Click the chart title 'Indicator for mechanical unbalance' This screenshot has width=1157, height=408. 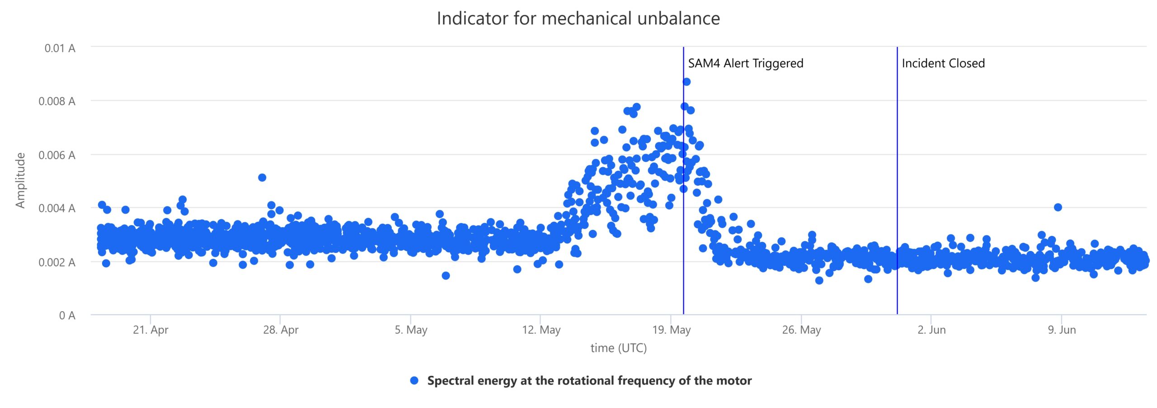point(578,19)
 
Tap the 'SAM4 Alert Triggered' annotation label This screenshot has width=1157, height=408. point(745,63)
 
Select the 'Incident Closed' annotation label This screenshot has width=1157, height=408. point(943,63)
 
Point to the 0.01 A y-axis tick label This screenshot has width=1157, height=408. point(60,48)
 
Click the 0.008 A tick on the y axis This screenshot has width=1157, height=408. point(56,101)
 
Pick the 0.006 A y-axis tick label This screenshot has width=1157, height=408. point(56,155)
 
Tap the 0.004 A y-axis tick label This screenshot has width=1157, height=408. point(56,208)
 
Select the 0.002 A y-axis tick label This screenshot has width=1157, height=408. point(56,263)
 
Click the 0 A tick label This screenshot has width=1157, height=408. point(67,315)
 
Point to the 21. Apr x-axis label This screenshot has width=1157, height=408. point(151,330)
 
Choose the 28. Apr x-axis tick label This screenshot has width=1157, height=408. point(281,330)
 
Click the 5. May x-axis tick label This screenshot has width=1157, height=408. point(411,330)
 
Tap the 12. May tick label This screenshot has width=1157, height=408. point(541,330)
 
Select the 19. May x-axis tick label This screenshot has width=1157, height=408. point(671,330)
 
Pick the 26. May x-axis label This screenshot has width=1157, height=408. point(801,330)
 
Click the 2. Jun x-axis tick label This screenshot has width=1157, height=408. point(931,330)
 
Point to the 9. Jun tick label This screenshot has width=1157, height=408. point(1062,330)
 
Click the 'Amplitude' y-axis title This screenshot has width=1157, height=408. point(20,180)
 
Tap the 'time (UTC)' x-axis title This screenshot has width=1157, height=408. point(618,348)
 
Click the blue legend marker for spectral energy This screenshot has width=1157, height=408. point(414,380)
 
